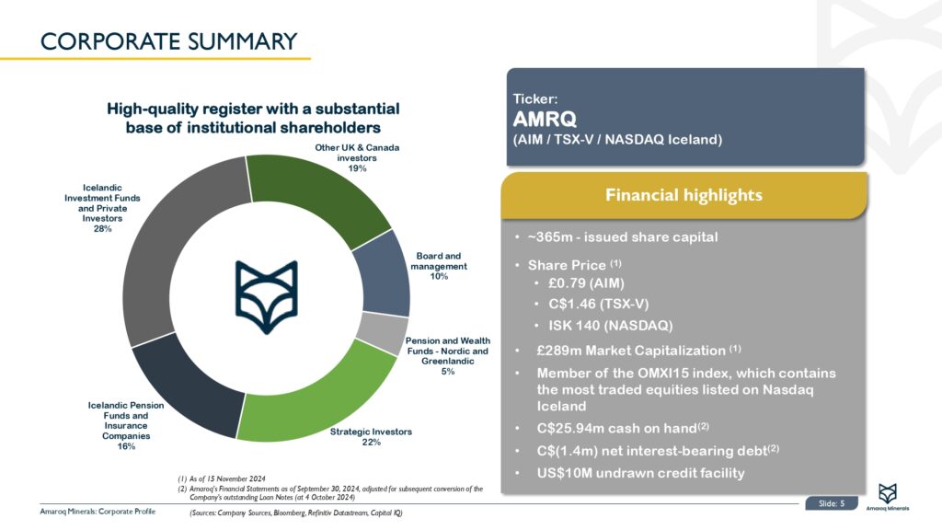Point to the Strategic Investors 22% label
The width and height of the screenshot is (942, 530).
(371, 437)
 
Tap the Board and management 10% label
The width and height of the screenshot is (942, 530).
(439, 266)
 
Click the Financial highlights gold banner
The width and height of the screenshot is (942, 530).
(684, 195)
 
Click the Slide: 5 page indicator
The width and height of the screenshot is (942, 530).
(831, 502)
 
